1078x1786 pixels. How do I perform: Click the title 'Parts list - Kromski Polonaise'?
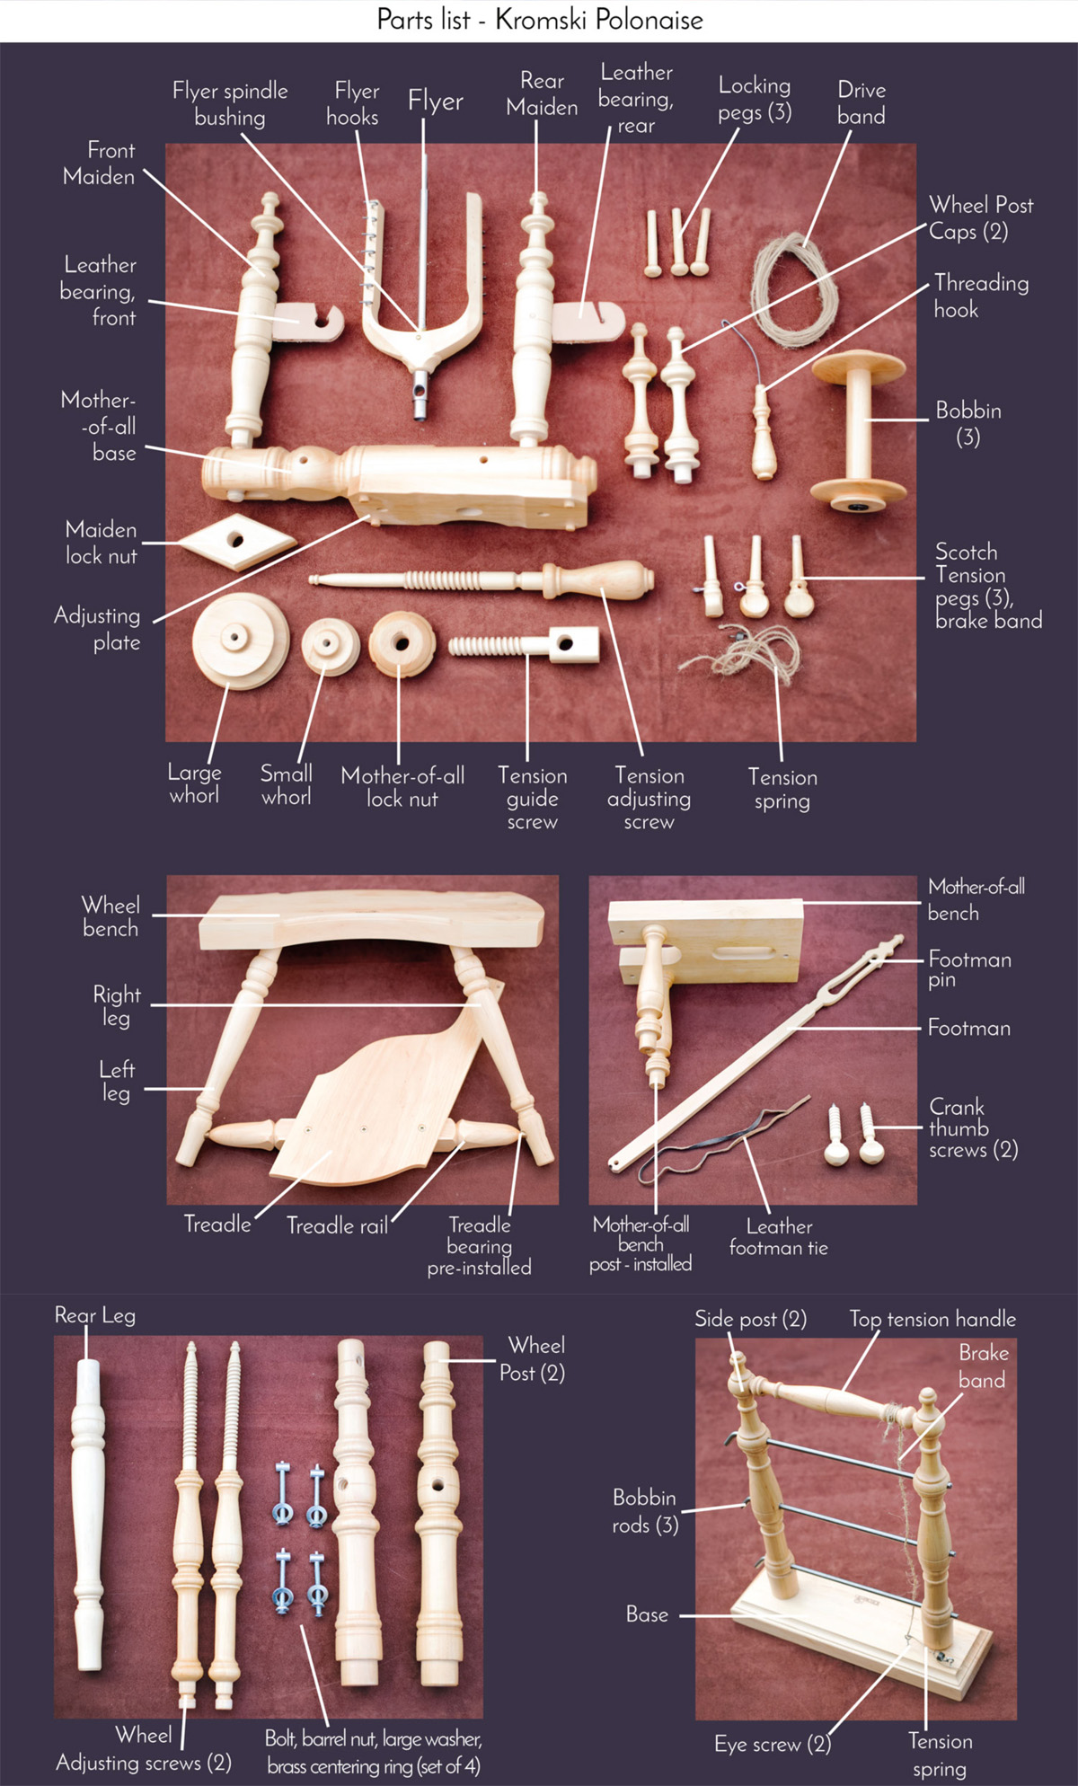540,20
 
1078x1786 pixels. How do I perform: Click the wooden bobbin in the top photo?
859,429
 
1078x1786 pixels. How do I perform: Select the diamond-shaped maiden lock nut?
236,541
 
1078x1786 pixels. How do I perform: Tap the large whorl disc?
241,640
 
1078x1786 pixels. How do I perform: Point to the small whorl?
331,647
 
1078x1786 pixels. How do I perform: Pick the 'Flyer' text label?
436,102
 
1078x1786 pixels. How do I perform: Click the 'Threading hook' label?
981,296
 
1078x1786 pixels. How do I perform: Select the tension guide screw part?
524,643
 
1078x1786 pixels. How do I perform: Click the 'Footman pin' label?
969,968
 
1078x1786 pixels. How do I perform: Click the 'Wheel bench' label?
110,916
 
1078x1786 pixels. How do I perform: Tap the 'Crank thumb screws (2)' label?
973,1128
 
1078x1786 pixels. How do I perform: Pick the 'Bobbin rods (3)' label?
645,1511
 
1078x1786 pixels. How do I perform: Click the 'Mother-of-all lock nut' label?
402,787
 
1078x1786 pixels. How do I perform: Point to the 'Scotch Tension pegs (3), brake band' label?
988,586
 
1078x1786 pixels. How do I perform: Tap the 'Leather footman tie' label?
779,1237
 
